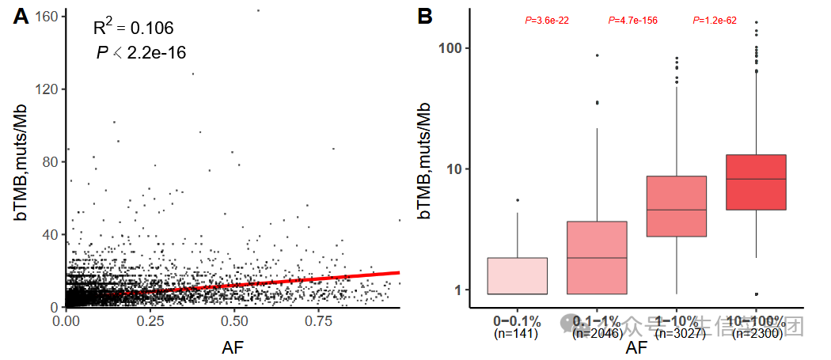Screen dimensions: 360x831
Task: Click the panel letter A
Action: (22, 16)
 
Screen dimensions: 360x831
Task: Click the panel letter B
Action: (425, 16)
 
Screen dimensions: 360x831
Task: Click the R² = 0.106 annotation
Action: (133, 28)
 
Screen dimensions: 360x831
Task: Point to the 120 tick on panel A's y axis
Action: (48, 89)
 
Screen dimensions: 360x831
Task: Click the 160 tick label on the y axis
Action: (48, 17)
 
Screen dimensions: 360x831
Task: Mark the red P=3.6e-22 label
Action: (546, 21)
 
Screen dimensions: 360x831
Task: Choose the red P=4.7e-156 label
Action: (632, 21)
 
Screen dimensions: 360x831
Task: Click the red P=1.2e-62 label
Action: (715, 21)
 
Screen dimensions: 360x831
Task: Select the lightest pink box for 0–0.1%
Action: (517, 276)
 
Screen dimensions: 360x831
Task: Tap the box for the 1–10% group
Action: (677, 207)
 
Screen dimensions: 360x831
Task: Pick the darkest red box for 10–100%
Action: (756, 182)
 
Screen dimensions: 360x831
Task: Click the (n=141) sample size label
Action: (516, 335)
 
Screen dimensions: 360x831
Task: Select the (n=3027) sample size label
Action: (677, 335)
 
